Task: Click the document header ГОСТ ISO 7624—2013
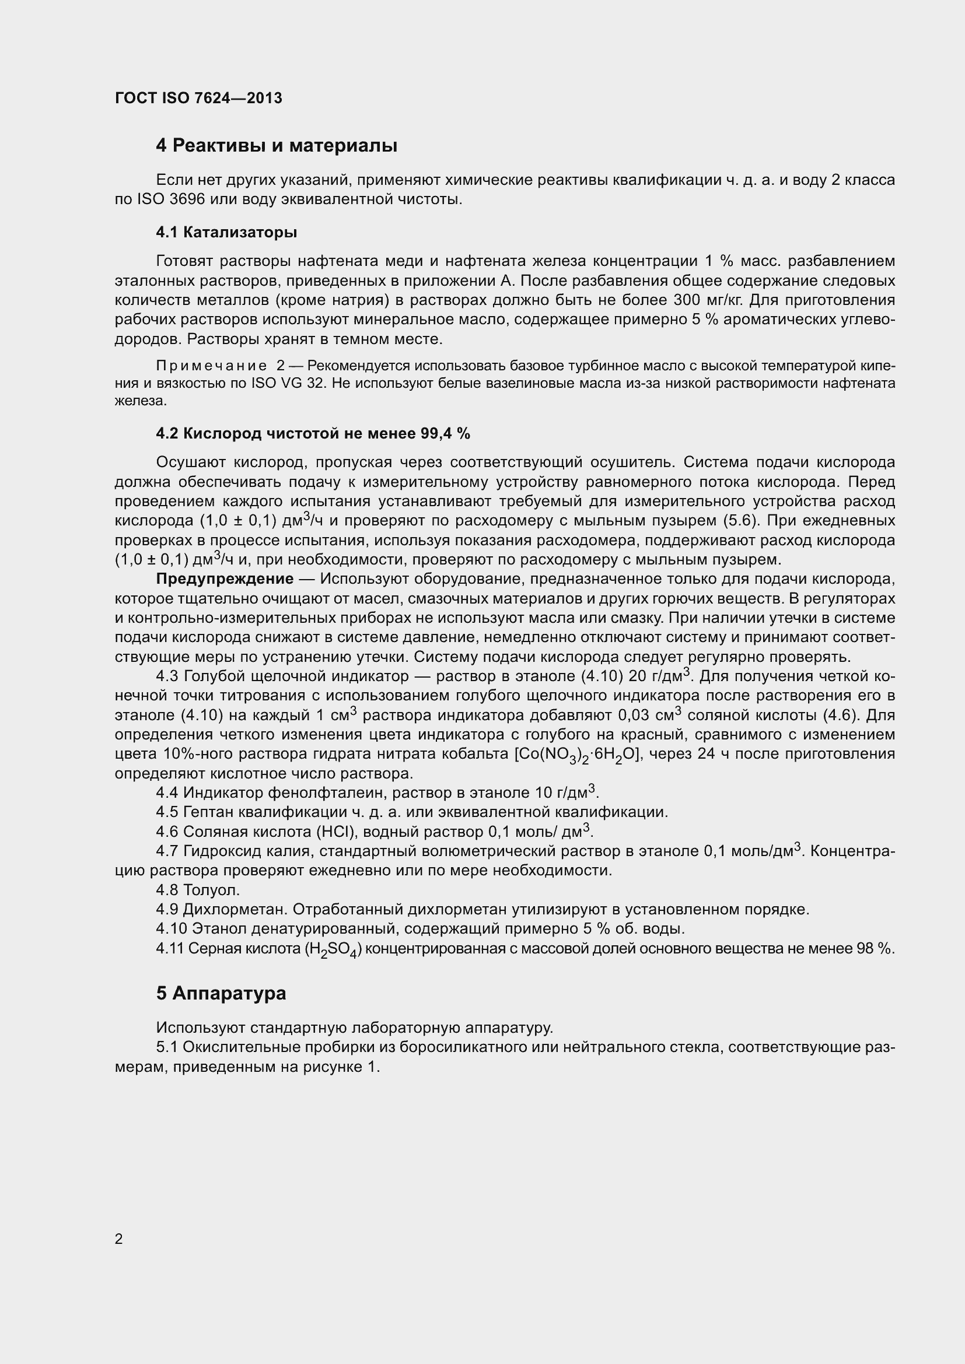pos(198,98)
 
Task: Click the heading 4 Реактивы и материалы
pos(277,146)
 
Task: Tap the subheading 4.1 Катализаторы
pos(226,232)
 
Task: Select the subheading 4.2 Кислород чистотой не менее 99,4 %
pos(313,434)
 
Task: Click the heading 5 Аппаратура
pos(221,993)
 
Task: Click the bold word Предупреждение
pos(225,578)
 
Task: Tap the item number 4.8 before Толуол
pos(167,890)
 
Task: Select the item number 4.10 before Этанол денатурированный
pos(171,928)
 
